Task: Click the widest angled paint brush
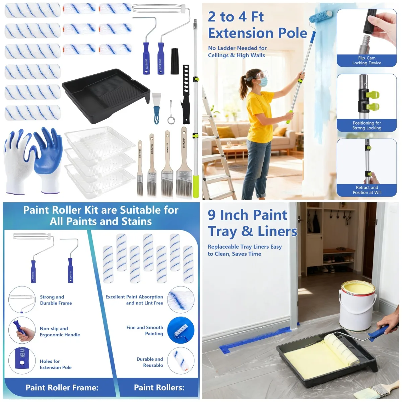(184, 164)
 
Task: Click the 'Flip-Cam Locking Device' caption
(366, 60)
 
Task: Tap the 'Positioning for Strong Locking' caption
(366, 125)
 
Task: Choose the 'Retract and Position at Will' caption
(366, 190)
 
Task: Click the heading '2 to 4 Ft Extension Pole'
(257, 25)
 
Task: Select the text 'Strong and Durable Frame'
(56, 300)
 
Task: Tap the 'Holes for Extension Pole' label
(56, 364)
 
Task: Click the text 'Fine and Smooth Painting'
(145, 330)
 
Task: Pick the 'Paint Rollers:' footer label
(159, 388)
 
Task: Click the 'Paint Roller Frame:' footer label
(62, 388)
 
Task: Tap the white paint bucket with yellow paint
(357, 305)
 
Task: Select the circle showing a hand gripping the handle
(22, 330)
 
